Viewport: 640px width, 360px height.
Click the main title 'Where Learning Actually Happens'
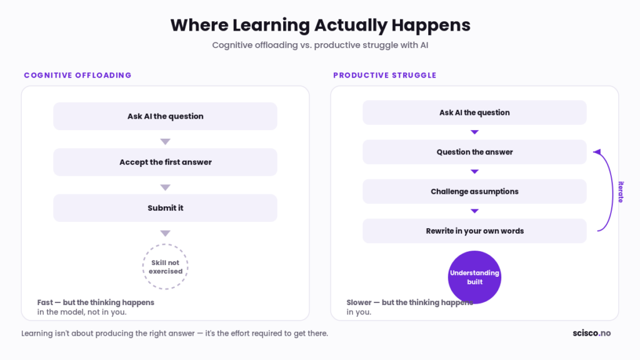point(320,25)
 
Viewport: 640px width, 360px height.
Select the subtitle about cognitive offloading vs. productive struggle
point(320,45)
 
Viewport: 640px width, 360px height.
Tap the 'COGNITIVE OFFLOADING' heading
point(77,75)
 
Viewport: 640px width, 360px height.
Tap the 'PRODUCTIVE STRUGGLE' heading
point(385,75)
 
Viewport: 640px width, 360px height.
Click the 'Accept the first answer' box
point(165,162)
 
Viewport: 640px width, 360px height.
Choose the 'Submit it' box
point(165,207)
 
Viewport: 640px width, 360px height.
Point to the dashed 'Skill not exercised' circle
point(165,244)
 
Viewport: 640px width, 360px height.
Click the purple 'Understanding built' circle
point(474,277)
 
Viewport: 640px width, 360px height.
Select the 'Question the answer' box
point(474,152)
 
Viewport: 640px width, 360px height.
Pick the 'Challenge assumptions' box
point(474,191)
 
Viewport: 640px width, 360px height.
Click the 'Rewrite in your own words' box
point(474,231)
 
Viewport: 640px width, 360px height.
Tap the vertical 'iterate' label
point(621,192)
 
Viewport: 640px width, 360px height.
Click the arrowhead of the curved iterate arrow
point(597,152)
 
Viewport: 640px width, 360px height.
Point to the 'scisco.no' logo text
point(591,333)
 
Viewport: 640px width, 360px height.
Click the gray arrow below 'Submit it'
point(165,233)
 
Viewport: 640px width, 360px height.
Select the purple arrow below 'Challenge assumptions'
point(474,211)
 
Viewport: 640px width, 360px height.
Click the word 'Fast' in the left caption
point(45,302)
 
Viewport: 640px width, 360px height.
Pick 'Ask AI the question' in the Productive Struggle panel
point(474,112)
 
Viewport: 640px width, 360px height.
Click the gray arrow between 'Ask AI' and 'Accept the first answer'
point(165,142)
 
